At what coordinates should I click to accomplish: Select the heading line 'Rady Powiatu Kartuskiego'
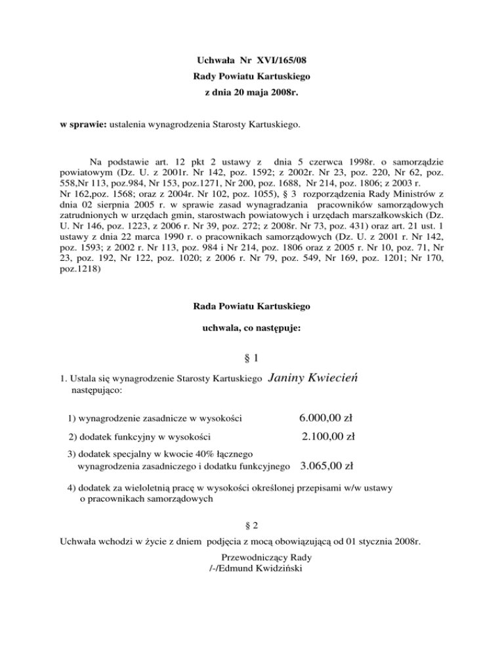click(251, 77)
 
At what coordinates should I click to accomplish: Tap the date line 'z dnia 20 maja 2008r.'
click(251, 93)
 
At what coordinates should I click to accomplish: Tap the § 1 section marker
click(251, 359)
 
